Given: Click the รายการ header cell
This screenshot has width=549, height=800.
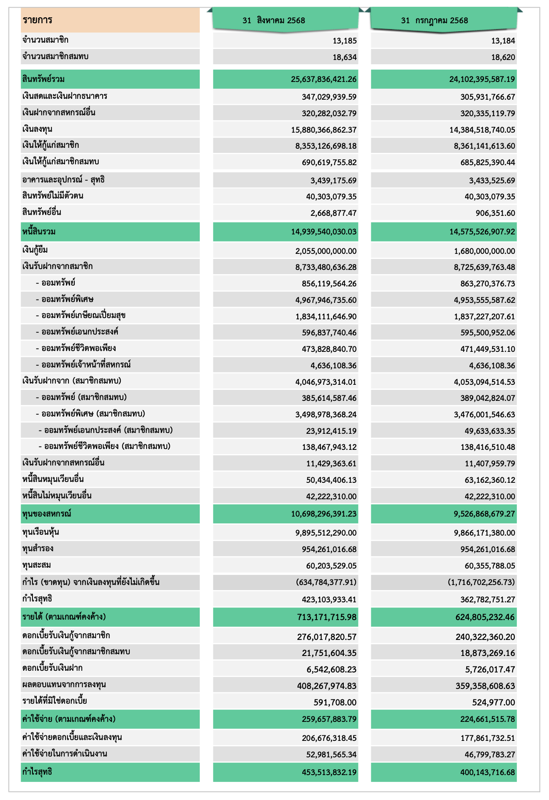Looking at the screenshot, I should (x=38, y=20).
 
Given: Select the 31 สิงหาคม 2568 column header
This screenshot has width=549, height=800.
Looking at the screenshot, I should (x=274, y=20).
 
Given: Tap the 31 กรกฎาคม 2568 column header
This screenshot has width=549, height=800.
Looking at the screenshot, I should (x=435, y=20).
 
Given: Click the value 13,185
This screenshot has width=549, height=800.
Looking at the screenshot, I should (x=345, y=41).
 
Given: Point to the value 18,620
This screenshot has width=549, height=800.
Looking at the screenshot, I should (x=503, y=57).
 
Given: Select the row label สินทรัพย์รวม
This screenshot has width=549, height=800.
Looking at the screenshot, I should (x=43, y=79).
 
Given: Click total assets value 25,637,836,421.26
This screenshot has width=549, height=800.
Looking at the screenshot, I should (x=323, y=79).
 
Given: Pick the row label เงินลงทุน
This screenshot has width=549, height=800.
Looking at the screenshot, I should (x=37, y=129).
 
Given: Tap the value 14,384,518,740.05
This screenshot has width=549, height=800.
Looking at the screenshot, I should (x=482, y=130).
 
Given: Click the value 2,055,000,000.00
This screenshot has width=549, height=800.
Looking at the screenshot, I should (x=326, y=251).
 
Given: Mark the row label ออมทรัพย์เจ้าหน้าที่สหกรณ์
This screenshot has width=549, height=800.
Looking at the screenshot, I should (x=83, y=365).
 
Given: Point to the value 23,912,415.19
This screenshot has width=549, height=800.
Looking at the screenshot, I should (x=331, y=431).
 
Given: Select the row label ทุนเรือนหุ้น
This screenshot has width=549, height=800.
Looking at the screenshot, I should (x=41, y=532).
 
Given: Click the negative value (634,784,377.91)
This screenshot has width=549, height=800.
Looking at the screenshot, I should (x=326, y=582).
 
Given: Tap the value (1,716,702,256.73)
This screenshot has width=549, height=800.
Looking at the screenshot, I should (x=481, y=582).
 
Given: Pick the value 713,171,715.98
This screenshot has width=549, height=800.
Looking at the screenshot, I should (x=326, y=617).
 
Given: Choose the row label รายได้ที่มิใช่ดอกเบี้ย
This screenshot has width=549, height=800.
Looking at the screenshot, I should (x=54, y=701).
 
